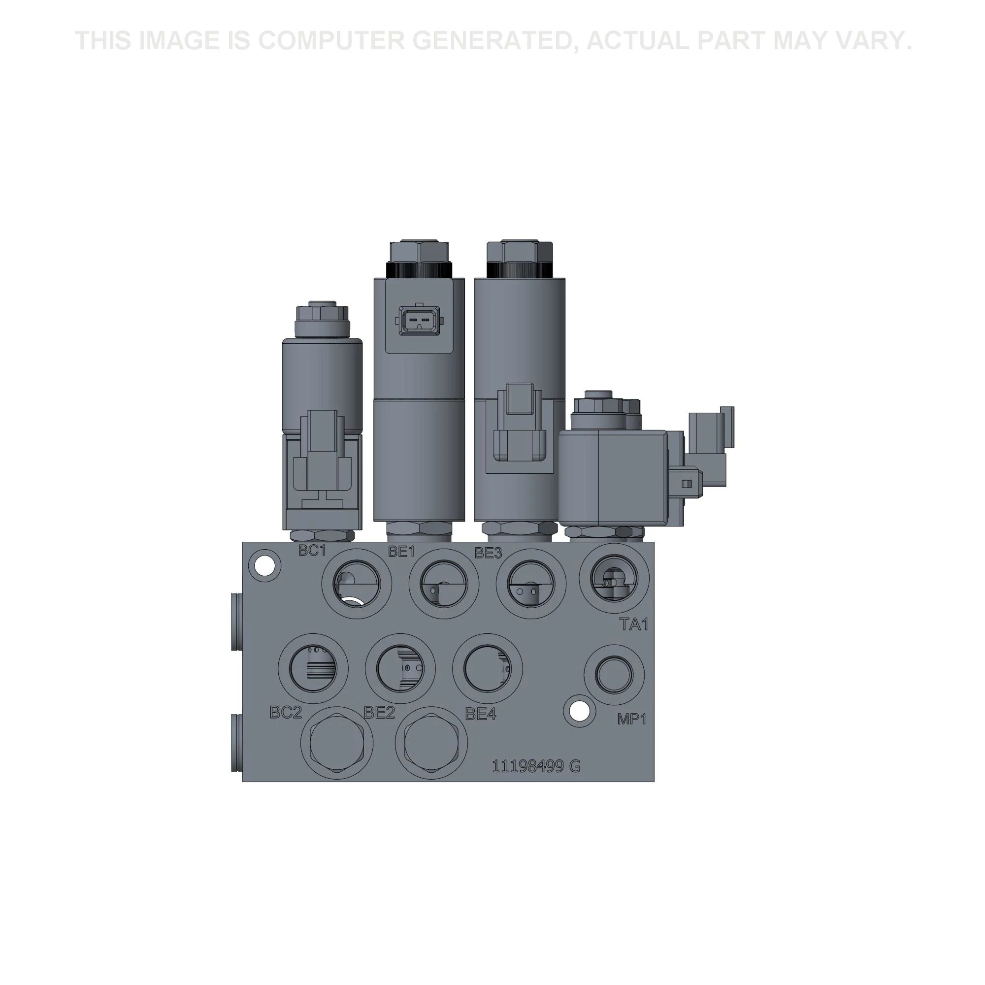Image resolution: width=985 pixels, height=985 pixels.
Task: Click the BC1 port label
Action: point(312,551)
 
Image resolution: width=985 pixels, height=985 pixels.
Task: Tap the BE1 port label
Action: point(402,552)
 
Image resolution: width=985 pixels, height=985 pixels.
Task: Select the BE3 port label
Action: point(489,553)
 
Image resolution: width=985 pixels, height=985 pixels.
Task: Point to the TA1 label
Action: point(634,624)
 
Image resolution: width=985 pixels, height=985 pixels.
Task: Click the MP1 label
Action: point(632,719)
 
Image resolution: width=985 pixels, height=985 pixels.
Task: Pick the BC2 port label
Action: point(286,712)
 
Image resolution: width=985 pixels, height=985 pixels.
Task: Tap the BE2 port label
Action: point(379,712)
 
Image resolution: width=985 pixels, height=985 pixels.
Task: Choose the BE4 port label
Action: point(480,714)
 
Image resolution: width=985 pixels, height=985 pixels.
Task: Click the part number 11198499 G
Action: point(536,766)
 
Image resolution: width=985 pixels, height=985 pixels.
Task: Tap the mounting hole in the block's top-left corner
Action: point(264,565)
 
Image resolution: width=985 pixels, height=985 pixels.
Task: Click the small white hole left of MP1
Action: point(579,710)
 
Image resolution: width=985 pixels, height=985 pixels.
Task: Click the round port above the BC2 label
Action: point(313,668)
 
